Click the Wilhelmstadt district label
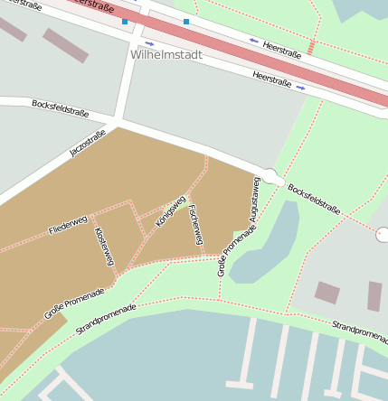pyautogui.click(x=166, y=54)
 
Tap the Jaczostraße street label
pyautogui.click(x=88, y=143)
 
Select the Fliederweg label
pyautogui.click(x=68, y=225)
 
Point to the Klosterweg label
pyautogui.click(x=105, y=246)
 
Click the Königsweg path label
pyautogui.click(x=170, y=210)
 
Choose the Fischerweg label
pyautogui.click(x=194, y=225)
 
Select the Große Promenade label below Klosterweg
pyautogui.click(x=74, y=303)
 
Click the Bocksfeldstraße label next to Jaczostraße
pyautogui.click(x=60, y=108)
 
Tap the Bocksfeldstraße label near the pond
pyautogui.click(x=314, y=199)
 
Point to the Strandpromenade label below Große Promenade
pyautogui.click(x=106, y=320)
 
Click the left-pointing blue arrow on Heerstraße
pyautogui.click(x=253, y=41)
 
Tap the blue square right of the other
pyautogui.click(x=186, y=21)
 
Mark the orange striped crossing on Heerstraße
pyautogui.click(x=312, y=47)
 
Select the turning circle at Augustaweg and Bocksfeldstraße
pyautogui.click(x=270, y=175)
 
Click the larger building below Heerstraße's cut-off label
pyautogui.click(x=65, y=45)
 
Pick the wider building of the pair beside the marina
pyautogui.click(x=326, y=293)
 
